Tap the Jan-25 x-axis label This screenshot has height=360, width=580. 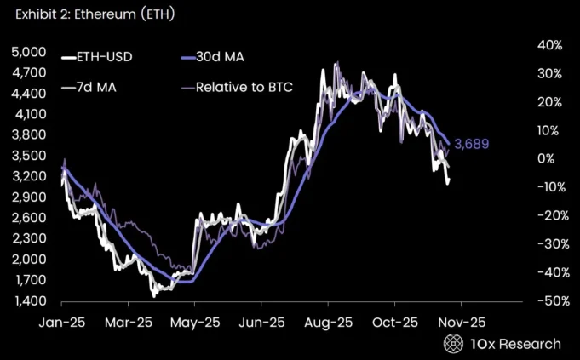pyautogui.click(x=61, y=323)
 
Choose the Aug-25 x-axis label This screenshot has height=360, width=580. pyautogui.click(x=328, y=323)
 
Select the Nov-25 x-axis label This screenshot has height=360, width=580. pyautogui.click(x=461, y=323)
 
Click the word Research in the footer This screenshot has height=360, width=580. pyautogui.click(x=530, y=344)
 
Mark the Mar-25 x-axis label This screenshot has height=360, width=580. pyautogui.click(x=129, y=323)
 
